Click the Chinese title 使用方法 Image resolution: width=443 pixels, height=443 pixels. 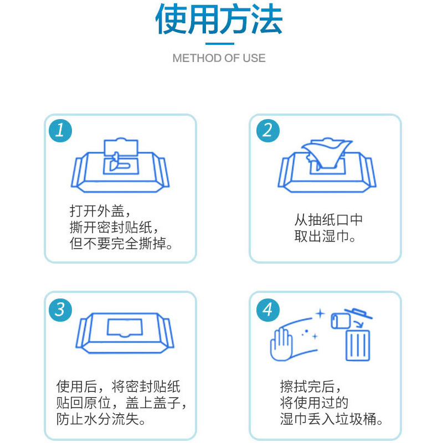(x=219, y=19)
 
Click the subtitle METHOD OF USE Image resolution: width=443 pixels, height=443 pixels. (x=219, y=58)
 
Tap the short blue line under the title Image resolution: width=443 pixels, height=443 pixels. (x=220, y=44)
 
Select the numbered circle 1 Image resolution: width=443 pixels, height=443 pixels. (x=60, y=131)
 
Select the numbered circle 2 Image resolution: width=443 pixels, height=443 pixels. (x=268, y=131)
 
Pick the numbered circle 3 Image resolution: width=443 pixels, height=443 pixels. (x=60, y=310)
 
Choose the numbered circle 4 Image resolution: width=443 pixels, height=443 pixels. (x=268, y=310)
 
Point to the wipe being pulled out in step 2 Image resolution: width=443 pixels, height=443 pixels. (x=327, y=153)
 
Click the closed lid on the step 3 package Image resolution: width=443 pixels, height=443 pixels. (x=125, y=328)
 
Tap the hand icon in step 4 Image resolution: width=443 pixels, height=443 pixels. (x=281, y=344)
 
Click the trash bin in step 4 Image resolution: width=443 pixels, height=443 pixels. (x=358, y=345)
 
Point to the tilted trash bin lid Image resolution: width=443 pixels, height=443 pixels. (x=358, y=313)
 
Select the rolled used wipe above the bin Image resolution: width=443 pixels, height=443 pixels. (x=341, y=321)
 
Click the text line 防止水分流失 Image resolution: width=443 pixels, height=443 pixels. (x=101, y=419)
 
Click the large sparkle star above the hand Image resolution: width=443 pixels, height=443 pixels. (x=320, y=313)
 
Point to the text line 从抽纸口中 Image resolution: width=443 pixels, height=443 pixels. (x=328, y=220)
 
